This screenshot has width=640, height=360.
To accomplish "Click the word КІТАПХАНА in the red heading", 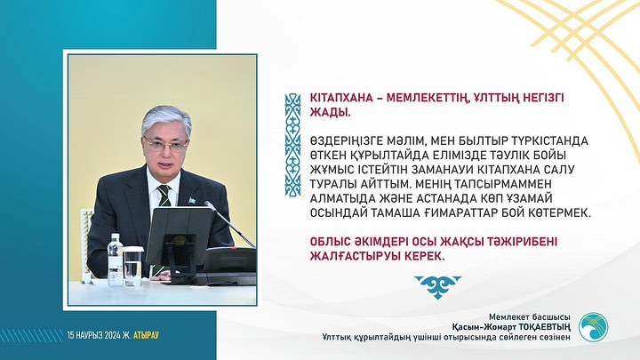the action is point(342,98).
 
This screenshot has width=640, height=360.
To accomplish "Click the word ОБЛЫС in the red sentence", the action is point(330,242).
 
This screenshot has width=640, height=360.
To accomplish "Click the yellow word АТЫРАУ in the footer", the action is point(146,335).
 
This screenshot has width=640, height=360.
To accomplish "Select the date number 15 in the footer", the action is point(71,335).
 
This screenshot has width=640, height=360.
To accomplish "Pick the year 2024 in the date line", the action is point(112,335).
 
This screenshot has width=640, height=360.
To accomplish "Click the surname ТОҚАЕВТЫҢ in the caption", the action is point(545,327).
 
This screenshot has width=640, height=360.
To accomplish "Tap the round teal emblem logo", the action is point(593,327).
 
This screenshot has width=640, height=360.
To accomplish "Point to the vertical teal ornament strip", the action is point(292,145).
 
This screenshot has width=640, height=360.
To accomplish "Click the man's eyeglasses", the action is point(166,143).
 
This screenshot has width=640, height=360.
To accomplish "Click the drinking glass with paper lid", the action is point(132,265).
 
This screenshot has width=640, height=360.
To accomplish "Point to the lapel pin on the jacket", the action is point(192,200).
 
